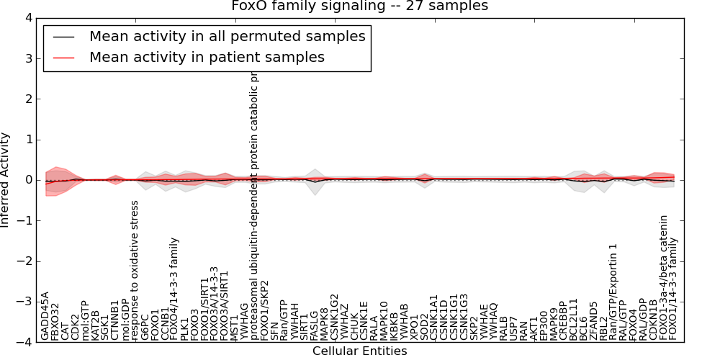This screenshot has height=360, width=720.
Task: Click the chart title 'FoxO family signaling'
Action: tap(359, 6)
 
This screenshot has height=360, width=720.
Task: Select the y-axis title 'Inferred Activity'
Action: tap(6, 180)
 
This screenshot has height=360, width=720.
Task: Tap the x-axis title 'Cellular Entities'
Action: tap(359, 351)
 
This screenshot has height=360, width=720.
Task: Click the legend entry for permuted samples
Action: tap(227, 37)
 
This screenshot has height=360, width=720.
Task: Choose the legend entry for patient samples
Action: tap(207, 57)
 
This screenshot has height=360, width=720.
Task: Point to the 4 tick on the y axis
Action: tap(25, 17)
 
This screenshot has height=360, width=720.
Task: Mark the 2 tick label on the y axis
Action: tap(25, 99)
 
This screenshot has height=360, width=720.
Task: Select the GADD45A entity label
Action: tap(45, 315)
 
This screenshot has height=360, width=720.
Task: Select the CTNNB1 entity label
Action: tap(115, 319)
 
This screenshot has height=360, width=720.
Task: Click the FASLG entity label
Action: tap(315, 323)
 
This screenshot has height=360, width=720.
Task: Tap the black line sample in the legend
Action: tap(64, 37)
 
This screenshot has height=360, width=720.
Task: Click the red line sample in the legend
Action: tap(64, 57)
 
